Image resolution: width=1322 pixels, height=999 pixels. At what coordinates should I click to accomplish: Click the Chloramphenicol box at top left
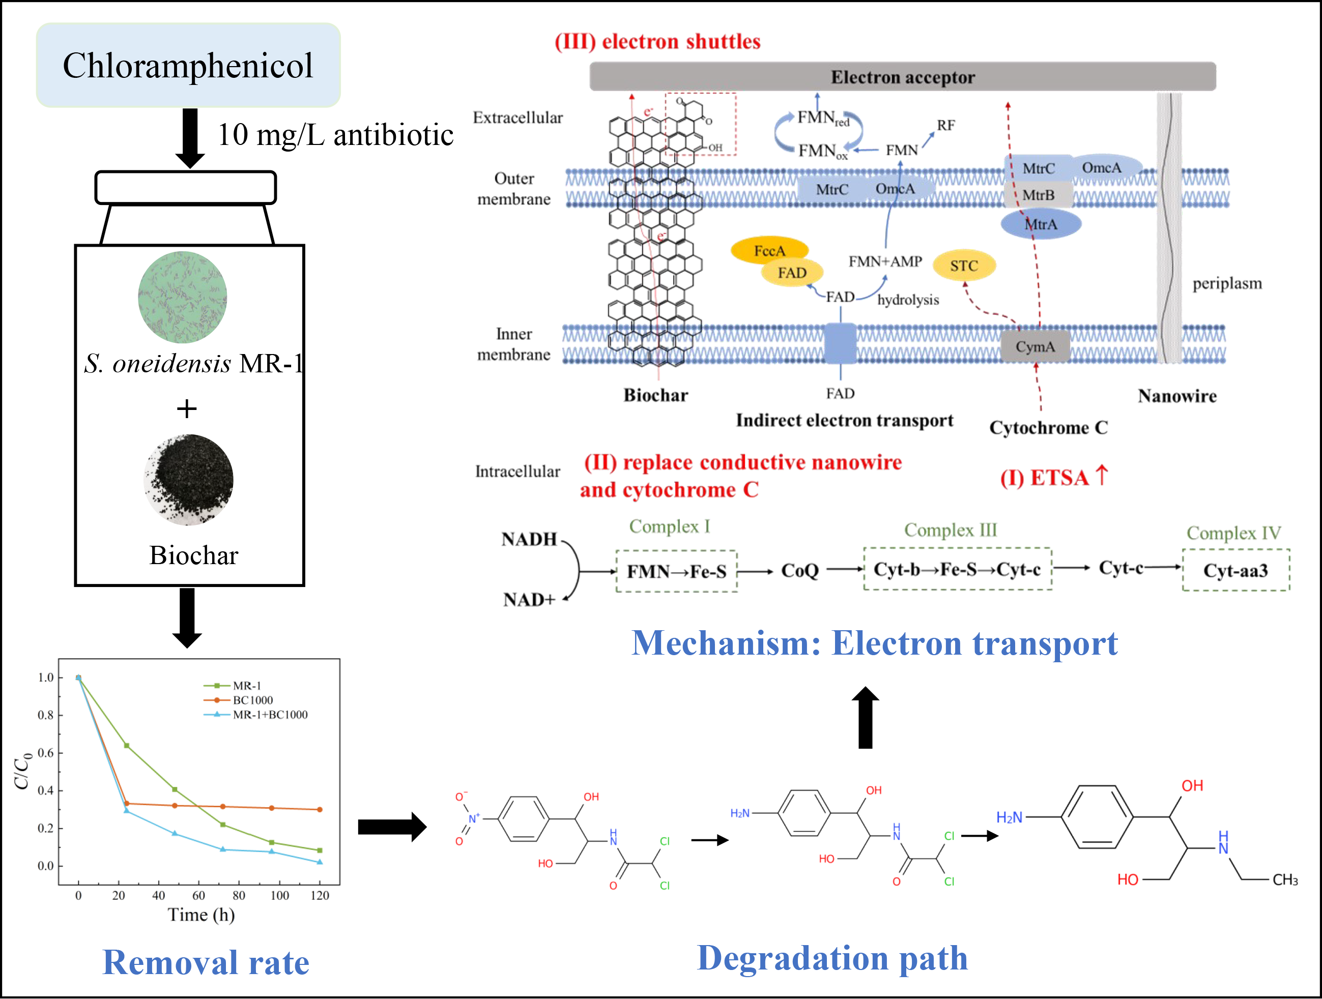[188, 66]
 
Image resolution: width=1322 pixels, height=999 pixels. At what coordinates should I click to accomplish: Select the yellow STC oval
[964, 266]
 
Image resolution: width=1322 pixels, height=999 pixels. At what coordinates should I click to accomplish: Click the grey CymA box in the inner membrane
[1036, 347]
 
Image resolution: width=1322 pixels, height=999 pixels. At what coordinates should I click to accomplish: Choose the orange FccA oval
[769, 250]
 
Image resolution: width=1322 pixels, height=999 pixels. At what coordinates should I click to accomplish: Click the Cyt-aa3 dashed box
[1235, 571]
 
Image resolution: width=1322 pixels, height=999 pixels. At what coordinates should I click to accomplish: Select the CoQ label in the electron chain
[799, 571]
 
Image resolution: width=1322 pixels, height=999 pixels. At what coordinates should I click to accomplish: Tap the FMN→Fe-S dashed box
[677, 572]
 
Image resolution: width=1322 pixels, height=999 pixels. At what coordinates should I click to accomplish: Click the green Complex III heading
[950, 530]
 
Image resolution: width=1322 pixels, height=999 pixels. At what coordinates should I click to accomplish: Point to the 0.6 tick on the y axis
[46, 753]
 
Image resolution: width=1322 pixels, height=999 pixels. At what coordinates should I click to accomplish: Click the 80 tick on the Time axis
[239, 895]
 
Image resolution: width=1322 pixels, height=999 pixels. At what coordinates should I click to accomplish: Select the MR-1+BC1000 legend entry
[270, 715]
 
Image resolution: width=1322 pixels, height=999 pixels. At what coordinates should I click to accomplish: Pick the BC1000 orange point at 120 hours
[320, 810]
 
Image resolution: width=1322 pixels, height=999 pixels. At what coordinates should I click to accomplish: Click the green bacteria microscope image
[183, 297]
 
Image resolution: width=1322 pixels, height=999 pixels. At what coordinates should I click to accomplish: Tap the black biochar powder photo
[189, 480]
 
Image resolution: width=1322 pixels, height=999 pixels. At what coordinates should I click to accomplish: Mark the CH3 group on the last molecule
[1285, 880]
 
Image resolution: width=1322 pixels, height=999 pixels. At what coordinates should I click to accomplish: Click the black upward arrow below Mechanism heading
[865, 717]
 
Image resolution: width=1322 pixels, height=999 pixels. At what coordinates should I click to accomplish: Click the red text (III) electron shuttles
[657, 42]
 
